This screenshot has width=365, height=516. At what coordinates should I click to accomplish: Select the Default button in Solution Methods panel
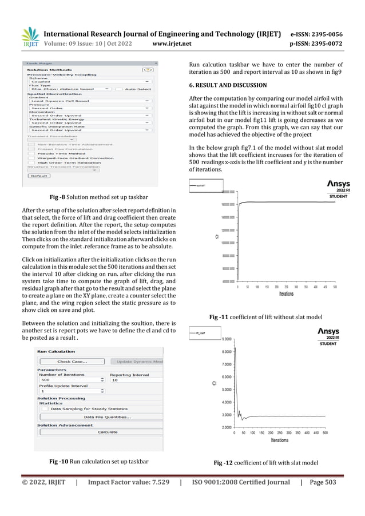coord(39,176)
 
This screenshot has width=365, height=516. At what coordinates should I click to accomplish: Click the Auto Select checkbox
coord(119,89)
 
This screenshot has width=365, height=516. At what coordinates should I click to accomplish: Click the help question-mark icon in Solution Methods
coord(148,69)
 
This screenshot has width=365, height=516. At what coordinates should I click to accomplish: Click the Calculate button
coord(107,432)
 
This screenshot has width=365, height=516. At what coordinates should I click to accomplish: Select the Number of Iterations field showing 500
coord(68,379)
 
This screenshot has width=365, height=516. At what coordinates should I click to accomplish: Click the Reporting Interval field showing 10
coord(134,379)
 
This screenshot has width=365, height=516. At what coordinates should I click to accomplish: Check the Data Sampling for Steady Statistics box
coord(44,408)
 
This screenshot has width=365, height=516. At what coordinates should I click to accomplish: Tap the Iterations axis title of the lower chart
coord(279,440)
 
